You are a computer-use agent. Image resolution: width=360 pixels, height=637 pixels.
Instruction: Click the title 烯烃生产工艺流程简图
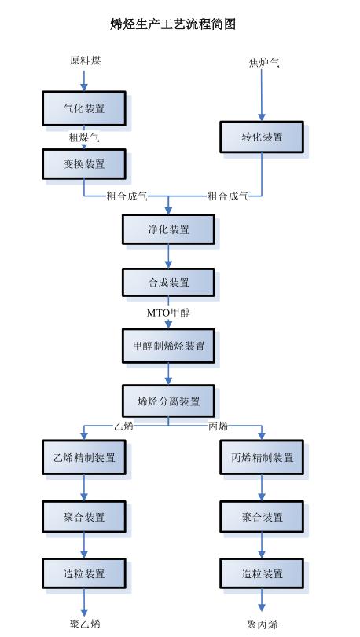pyautogui.click(x=173, y=24)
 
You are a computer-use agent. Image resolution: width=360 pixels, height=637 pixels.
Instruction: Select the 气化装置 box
pyautogui.click(x=83, y=108)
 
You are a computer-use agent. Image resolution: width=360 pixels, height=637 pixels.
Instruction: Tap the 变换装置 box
pyautogui.click(x=83, y=164)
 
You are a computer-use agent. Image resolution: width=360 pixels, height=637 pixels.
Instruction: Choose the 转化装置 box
pyautogui.click(x=262, y=137)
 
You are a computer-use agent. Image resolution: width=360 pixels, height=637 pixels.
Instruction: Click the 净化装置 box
pyautogui.click(x=168, y=229)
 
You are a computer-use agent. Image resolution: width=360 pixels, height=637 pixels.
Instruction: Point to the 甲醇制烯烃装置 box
pyautogui.click(x=168, y=346)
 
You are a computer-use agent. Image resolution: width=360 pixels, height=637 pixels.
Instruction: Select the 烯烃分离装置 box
pyautogui.click(x=168, y=401)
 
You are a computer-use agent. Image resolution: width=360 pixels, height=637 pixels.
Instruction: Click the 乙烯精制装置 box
pyautogui.click(x=83, y=457)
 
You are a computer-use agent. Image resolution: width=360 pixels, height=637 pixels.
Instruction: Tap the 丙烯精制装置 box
pyautogui.click(x=262, y=457)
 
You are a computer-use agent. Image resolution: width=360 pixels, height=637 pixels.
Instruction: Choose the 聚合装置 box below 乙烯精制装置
pyautogui.click(x=83, y=517)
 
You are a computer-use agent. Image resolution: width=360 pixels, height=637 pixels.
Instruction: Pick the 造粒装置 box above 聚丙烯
pyautogui.click(x=262, y=574)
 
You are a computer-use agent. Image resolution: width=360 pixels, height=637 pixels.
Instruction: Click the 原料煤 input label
pyautogui.click(x=85, y=60)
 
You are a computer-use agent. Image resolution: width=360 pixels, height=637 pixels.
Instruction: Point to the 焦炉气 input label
pyautogui.click(x=263, y=63)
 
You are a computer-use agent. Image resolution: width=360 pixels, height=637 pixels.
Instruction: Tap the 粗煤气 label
pyautogui.click(x=84, y=137)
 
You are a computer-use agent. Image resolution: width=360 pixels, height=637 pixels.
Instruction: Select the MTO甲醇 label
pyautogui.click(x=168, y=312)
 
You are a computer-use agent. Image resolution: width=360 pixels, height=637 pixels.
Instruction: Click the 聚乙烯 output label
pyautogui.click(x=85, y=624)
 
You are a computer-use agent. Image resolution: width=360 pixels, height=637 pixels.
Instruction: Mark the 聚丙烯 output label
pyautogui.click(x=263, y=624)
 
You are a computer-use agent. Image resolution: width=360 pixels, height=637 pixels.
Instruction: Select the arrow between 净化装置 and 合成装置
pyautogui.click(x=168, y=256)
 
